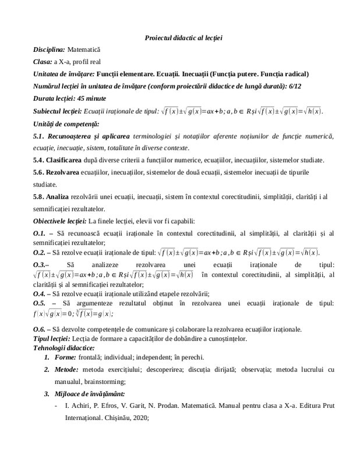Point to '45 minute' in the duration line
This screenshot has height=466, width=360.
(x=87, y=98)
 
